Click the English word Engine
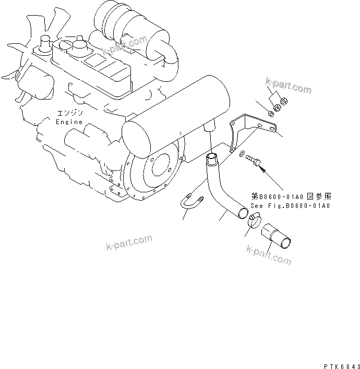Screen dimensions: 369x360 coord(69,122)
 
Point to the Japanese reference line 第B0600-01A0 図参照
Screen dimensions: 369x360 coord(291,197)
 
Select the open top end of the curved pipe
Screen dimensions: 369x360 coord(211,155)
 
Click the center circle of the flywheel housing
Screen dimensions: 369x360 coord(156,166)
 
